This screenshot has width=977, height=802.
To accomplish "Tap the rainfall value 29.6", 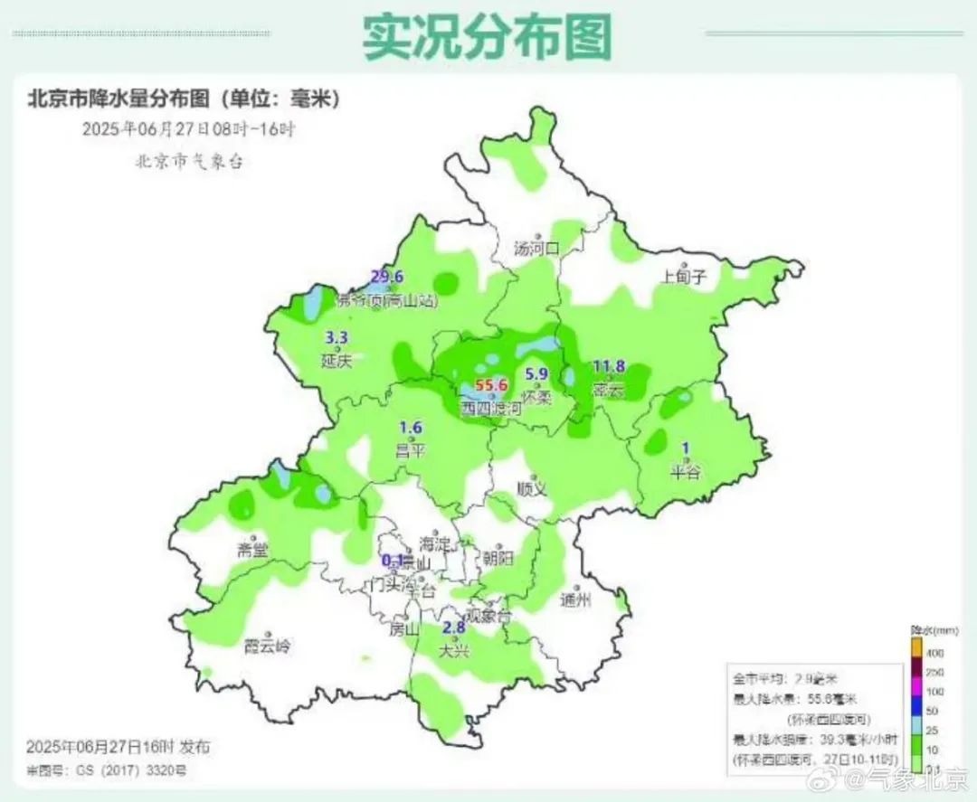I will pyautogui.click(x=386, y=277).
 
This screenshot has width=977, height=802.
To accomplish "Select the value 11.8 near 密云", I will pyautogui.click(x=609, y=366).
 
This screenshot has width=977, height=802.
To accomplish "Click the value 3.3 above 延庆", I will pyautogui.click(x=337, y=339).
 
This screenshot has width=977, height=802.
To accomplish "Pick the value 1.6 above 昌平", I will pyautogui.click(x=411, y=429).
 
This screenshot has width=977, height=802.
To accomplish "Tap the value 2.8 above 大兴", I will pyautogui.click(x=453, y=628).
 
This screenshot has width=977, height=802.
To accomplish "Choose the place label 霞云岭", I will pyautogui.click(x=269, y=646).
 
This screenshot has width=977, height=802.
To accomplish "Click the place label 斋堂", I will pyautogui.click(x=252, y=551).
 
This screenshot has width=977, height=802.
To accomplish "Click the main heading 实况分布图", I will pyautogui.click(x=488, y=36).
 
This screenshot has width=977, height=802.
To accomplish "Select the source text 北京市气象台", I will pyautogui.click(x=189, y=161).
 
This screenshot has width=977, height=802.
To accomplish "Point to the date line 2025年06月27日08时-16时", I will pyautogui.click(x=188, y=128).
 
